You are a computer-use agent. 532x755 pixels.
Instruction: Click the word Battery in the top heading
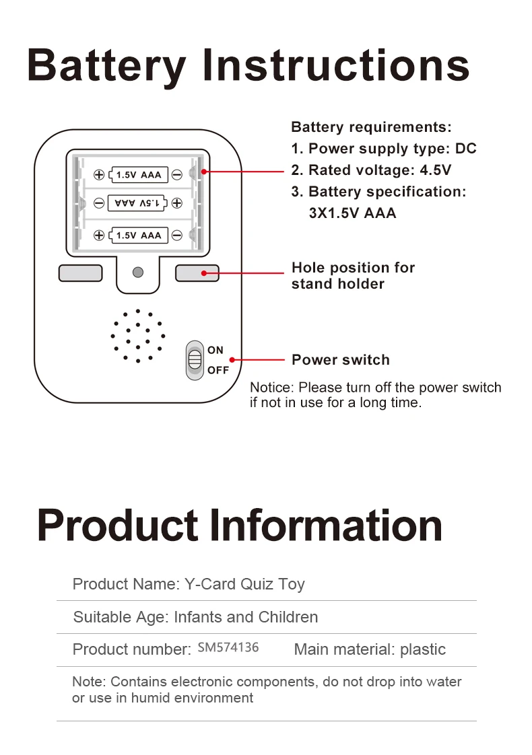coord(106,65)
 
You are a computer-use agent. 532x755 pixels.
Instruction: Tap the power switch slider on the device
coord(195,360)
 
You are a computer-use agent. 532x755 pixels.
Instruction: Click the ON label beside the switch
coord(215,350)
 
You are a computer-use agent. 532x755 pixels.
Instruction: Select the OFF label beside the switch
coord(218,370)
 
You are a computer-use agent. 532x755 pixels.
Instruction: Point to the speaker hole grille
coord(137,336)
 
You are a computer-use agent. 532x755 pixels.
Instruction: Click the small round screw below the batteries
coord(138,273)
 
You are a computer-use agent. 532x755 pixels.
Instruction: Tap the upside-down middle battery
coord(139,203)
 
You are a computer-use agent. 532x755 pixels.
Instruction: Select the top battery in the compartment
coord(139,175)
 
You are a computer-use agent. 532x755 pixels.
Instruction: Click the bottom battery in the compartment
coord(139,235)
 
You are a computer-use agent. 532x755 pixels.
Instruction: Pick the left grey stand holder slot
coord(81,273)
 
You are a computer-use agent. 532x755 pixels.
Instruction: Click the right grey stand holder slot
coord(197,273)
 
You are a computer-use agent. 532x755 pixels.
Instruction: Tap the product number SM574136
coord(228,647)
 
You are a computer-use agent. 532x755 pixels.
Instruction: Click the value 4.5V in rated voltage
coord(436,170)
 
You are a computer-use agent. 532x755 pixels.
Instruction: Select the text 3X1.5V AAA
coord(352,213)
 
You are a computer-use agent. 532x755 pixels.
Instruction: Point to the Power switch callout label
coord(341,360)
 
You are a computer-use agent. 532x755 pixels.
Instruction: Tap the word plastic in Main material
coord(423,649)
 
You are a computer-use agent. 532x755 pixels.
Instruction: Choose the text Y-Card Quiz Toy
coord(244,584)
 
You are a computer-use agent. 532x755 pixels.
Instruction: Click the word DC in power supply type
coord(466,149)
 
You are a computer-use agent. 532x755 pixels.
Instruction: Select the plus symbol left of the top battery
coord(99,175)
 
